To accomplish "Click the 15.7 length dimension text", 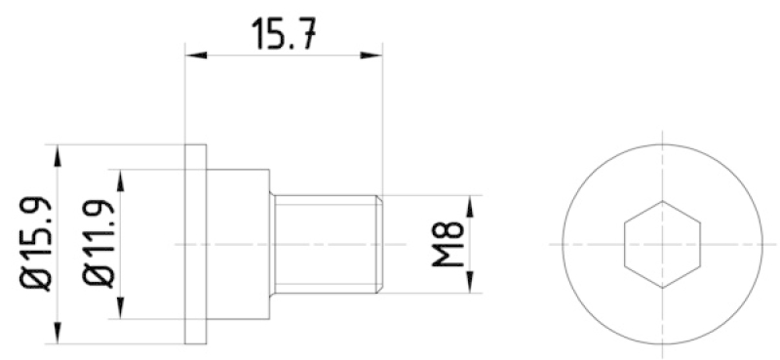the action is coord(284,33).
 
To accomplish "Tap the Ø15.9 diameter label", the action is coord(35,244).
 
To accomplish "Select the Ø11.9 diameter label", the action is coord(99,244).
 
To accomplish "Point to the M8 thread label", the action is coord(448,244).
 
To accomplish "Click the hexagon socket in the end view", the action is coord(662,244).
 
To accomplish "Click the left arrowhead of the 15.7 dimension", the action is coord(196,55).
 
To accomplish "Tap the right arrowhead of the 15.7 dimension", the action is coord(371,55).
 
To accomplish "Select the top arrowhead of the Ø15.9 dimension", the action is coord(58,155).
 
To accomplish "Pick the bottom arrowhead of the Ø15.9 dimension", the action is coord(58,333).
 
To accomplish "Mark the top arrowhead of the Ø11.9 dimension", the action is coord(120,180).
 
